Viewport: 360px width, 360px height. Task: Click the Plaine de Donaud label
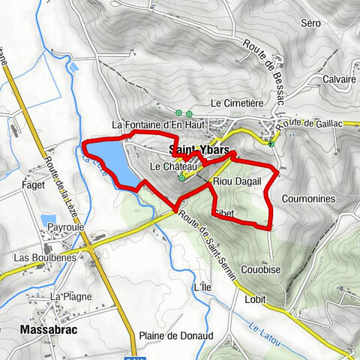pos(176,335)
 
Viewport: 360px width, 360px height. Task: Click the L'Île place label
pos(200,288)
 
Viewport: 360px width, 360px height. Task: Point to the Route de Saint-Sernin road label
pos(214,238)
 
